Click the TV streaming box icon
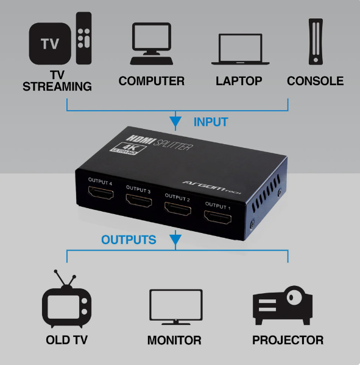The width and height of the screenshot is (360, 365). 50,44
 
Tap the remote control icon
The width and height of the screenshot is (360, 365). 83,38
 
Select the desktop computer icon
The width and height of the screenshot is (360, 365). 152,44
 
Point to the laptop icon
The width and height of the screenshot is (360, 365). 240,49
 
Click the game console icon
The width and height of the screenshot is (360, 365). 316,41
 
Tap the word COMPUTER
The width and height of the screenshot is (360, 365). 152,81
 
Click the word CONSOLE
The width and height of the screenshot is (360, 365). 316,81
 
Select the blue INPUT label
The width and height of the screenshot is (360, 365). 211,122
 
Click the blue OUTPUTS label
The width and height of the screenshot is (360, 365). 129,240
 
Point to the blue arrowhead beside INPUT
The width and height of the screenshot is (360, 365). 175,121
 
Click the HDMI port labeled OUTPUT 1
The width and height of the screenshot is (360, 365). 218,217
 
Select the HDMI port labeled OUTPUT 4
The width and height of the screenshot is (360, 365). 101,193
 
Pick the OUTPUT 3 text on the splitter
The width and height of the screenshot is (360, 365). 138,189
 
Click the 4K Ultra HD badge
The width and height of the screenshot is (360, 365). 128,148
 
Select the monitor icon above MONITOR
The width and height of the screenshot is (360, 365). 176,307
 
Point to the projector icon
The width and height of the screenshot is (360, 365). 283,305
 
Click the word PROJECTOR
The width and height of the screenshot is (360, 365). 288,340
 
